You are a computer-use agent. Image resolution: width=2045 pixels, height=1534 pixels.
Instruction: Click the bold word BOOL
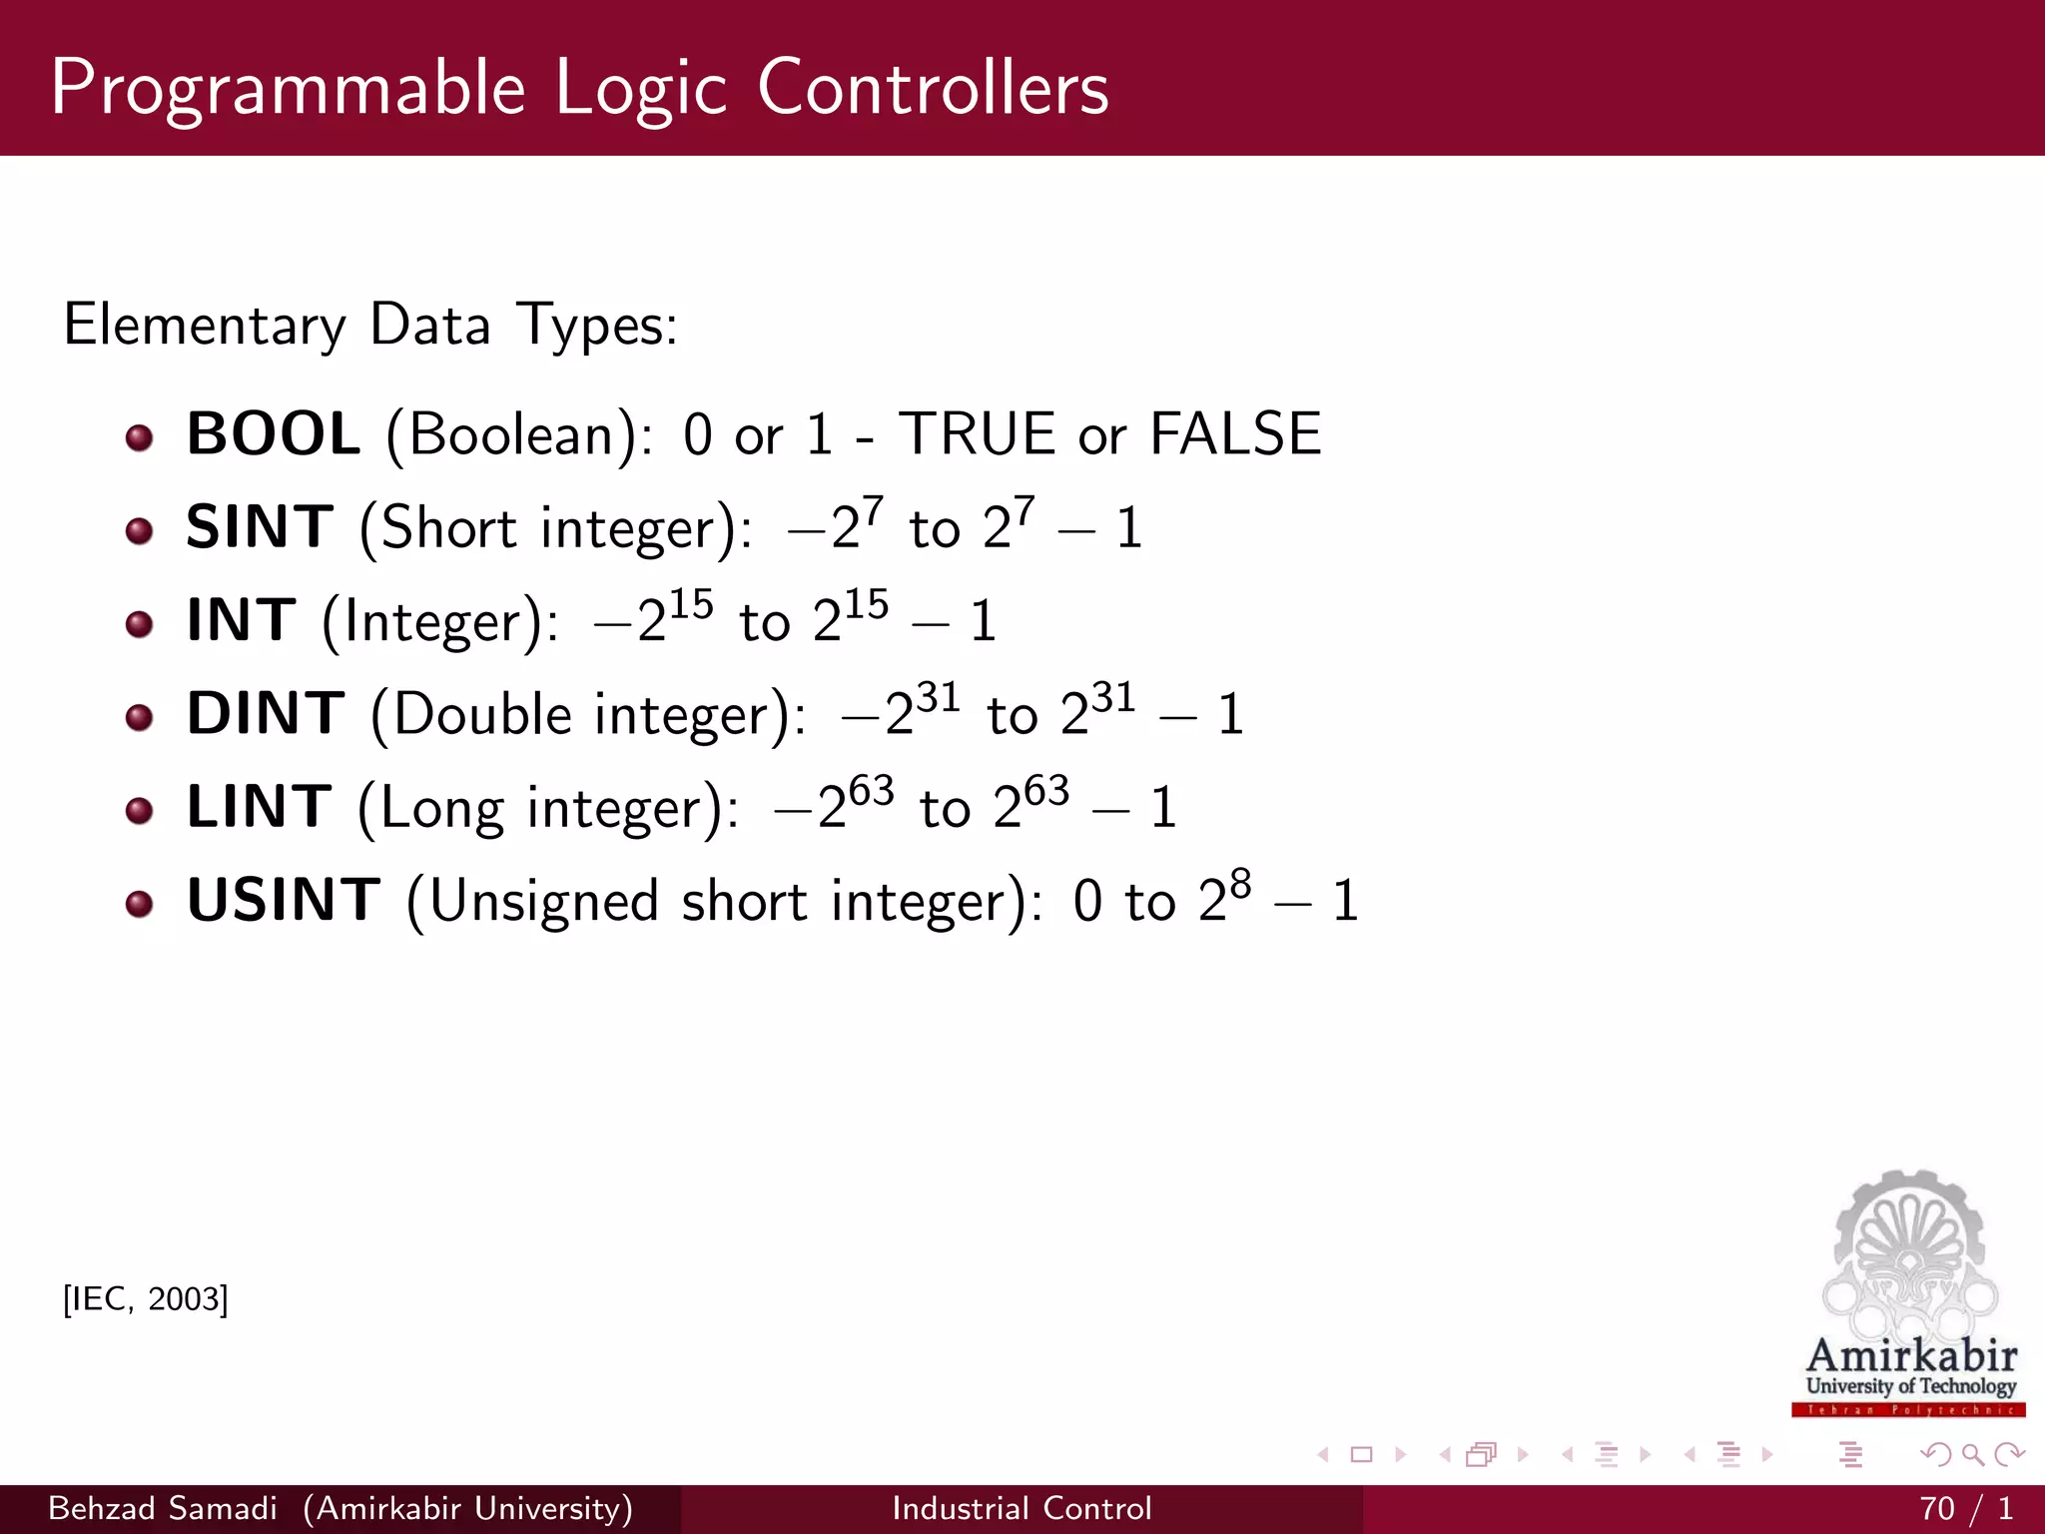[x=273, y=434]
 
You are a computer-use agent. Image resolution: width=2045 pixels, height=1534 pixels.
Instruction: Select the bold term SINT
[x=260, y=527]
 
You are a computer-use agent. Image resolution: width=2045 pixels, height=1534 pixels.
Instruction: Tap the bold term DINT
[x=266, y=714]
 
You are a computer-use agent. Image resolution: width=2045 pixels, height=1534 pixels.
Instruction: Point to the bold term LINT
[x=259, y=807]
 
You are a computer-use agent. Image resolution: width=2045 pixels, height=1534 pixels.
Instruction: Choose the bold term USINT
[x=284, y=900]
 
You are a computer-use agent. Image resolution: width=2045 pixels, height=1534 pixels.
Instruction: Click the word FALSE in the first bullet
[x=1235, y=434]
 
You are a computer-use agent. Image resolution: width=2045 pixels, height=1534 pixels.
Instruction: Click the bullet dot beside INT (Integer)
[x=140, y=625]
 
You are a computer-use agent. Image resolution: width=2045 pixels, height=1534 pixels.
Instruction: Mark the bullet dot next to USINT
[x=140, y=905]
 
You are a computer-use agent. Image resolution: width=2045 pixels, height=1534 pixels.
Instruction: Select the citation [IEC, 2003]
[x=146, y=1299]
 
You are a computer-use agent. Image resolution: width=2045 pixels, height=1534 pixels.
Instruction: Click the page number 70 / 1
[x=1965, y=1508]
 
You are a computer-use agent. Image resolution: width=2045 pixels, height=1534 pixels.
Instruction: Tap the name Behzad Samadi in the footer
[x=162, y=1508]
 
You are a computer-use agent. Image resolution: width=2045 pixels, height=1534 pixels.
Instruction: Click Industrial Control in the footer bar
[x=1022, y=1508]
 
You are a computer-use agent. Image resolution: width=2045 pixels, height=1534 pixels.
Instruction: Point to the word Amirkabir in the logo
[x=1911, y=1356]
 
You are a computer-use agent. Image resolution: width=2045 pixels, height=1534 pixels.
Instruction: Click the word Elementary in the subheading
[x=205, y=326]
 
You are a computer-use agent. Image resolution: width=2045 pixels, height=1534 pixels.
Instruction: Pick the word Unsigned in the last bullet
[x=544, y=901]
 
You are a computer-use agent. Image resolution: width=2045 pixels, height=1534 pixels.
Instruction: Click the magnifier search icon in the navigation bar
[x=1972, y=1455]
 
